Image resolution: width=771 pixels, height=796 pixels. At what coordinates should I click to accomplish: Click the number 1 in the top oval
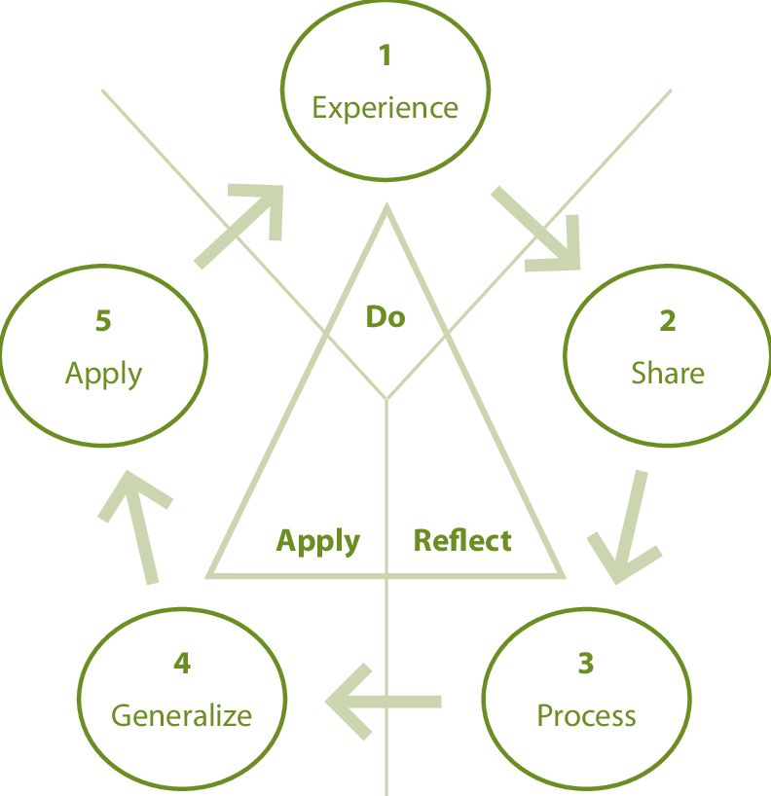pyautogui.click(x=385, y=55)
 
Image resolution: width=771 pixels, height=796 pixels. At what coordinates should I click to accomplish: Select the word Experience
pyautogui.click(x=385, y=107)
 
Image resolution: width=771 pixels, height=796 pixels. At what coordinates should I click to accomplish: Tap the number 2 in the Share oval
pyautogui.click(x=667, y=321)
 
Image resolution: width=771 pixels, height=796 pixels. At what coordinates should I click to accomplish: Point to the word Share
pyautogui.click(x=667, y=373)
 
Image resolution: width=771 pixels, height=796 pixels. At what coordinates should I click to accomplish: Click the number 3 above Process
pyautogui.click(x=585, y=664)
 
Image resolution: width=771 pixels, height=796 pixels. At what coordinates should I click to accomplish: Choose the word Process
pyautogui.click(x=586, y=716)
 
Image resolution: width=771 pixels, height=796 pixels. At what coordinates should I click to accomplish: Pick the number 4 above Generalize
pyautogui.click(x=182, y=664)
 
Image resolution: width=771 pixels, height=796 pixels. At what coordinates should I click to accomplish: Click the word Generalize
pyautogui.click(x=182, y=716)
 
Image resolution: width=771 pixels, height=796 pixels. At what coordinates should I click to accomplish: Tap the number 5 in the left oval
pyautogui.click(x=103, y=321)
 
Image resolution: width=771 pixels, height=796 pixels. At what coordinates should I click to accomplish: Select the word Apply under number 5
pyautogui.click(x=103, y=374)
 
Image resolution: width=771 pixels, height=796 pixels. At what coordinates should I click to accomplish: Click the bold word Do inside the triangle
pyautogui.click(x=385, y=316)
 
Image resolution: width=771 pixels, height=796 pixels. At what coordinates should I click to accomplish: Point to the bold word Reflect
pyautogui.click(x=462, y=540)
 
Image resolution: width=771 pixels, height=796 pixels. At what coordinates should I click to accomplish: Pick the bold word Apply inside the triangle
pyautogui.click(x=318, y=541)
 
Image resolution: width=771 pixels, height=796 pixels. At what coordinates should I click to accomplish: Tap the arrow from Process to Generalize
pyautogui.click(x=385, y=699)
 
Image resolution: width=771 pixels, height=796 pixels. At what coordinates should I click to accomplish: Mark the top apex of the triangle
pyautogui.click(x=386, y=206)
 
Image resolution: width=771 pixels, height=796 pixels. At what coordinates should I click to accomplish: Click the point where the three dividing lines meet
pyautogui.click(x=387, y=398)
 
